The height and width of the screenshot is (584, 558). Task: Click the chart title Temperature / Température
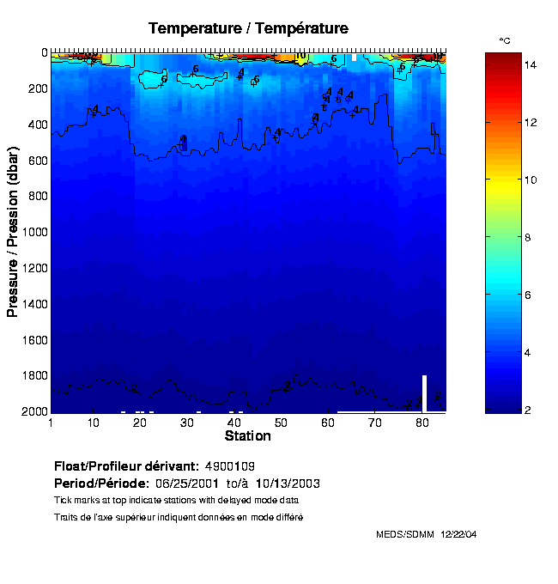point(248,28)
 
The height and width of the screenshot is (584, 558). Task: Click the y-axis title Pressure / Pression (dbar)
point(13,232)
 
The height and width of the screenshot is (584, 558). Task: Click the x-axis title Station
point(247,436)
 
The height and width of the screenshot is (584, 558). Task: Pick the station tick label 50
point(281,423)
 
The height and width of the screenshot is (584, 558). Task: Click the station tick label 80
point(422,423)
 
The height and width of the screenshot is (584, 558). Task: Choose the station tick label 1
point(52,423)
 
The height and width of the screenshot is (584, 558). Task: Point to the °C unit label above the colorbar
point(506,40)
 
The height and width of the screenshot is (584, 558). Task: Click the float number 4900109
point(230,466)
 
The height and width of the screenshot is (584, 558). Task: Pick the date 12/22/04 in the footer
point(459,534)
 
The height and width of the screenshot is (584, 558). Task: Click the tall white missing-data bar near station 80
point(424,393)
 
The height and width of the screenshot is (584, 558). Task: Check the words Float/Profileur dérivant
point(126,466)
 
